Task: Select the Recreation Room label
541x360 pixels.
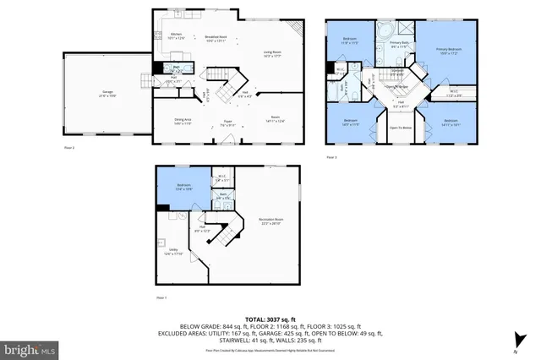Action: click(x=270, y=221)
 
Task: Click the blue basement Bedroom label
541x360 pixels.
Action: click(x=184, y=187)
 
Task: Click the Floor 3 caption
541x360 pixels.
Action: click(x=332, y=157)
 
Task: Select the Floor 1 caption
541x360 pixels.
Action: click(x=161, y=298)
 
